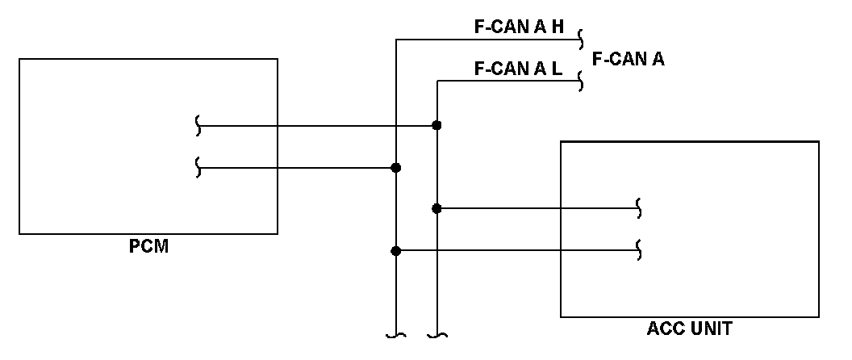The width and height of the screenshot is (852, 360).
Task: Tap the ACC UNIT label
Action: [x=689, y=329]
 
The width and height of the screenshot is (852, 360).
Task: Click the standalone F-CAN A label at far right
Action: [x=628, y=58]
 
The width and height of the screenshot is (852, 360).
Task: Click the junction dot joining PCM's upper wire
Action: [x=436, y=125]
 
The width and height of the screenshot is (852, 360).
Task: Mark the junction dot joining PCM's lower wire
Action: [x=395, y=167]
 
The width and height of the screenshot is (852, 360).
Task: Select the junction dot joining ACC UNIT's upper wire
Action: [x=436, y=208]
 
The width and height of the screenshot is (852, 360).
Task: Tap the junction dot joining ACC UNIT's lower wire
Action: [x=395, y=250]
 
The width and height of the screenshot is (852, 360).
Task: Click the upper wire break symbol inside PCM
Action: [x=198, y=125]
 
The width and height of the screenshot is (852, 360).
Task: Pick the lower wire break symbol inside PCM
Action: [x=198, y=167]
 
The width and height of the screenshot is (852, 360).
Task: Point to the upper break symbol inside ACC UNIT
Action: [x=640, y=208]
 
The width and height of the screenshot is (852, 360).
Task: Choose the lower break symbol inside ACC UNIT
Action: [x=640, y=250]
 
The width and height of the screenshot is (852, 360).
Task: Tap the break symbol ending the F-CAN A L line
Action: [x=582, y=81]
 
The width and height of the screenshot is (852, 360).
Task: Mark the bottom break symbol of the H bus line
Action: [x=395, y=334]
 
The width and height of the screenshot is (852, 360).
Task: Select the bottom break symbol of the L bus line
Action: [x=436, y=334]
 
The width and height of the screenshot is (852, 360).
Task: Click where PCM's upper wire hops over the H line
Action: [x=395, y=125]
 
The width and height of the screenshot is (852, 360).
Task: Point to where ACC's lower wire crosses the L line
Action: [x=436, y=250]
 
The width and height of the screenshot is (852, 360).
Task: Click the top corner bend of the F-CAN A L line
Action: [x=436, y=81]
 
